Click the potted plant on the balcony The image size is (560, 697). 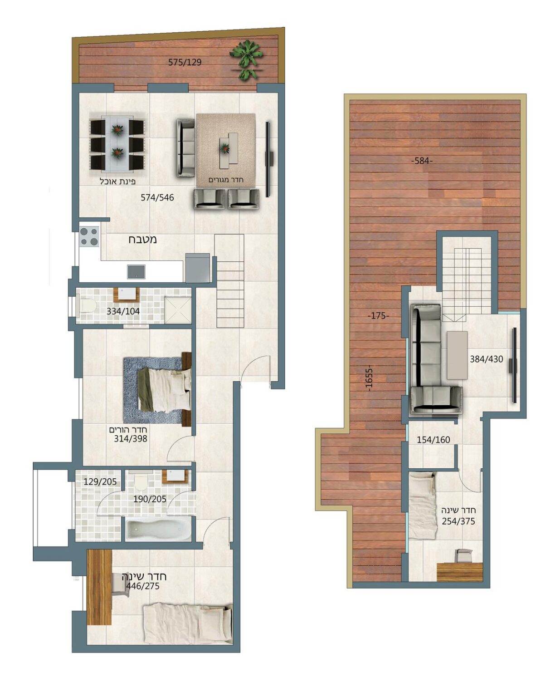(x=246, y=59)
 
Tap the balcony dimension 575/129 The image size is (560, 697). (x=185, y=62)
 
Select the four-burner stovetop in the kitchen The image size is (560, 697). (x=89, y=236)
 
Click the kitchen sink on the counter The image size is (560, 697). (x=136, y=271)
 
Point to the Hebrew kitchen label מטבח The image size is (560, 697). (x=143, y=239)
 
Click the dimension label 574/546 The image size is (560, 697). (x=157, y=197)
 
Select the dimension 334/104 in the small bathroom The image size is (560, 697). (x=123, y=311)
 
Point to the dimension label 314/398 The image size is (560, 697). (x=131, y=439)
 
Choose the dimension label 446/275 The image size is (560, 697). (x=142, y=586)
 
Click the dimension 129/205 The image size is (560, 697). (x=100, y=481)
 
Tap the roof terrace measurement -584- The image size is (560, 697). (x=422, y=161)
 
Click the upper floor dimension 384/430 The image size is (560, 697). (x=487, y=359)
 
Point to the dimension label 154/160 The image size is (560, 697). (x=433, y=440)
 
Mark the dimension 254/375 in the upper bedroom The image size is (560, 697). (x=458, y=521)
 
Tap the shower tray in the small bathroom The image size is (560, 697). (x=178, y=309)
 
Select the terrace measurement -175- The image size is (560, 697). (x=378, y=316)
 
